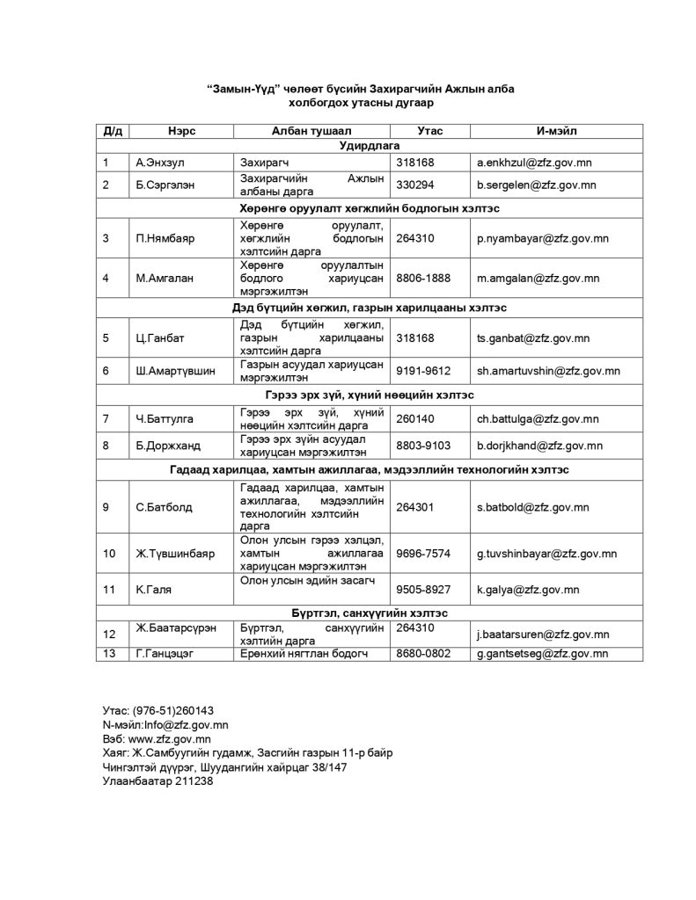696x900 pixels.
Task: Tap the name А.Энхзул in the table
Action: click(155, 163)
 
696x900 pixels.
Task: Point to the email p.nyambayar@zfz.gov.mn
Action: click(543, 238)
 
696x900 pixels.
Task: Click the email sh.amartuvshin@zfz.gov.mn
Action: click(548, 371)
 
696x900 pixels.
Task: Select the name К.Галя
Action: click(146, 589)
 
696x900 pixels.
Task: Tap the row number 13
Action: click(109, 654)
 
